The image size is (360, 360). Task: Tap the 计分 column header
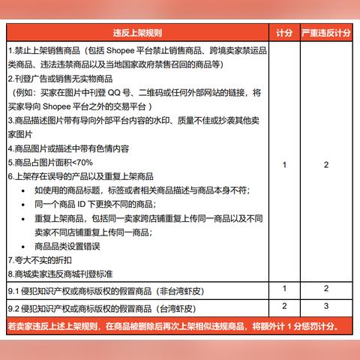click(283, 34)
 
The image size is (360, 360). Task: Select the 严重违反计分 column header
click(326, 34)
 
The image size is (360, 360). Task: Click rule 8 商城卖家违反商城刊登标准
click(67, 274)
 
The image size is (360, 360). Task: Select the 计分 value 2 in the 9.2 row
click(283, 306)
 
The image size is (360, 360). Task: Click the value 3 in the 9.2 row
click(326, 306)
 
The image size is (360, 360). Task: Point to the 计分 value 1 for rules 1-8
click(283, 164)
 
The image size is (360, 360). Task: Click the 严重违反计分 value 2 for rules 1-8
click(326, 164)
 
